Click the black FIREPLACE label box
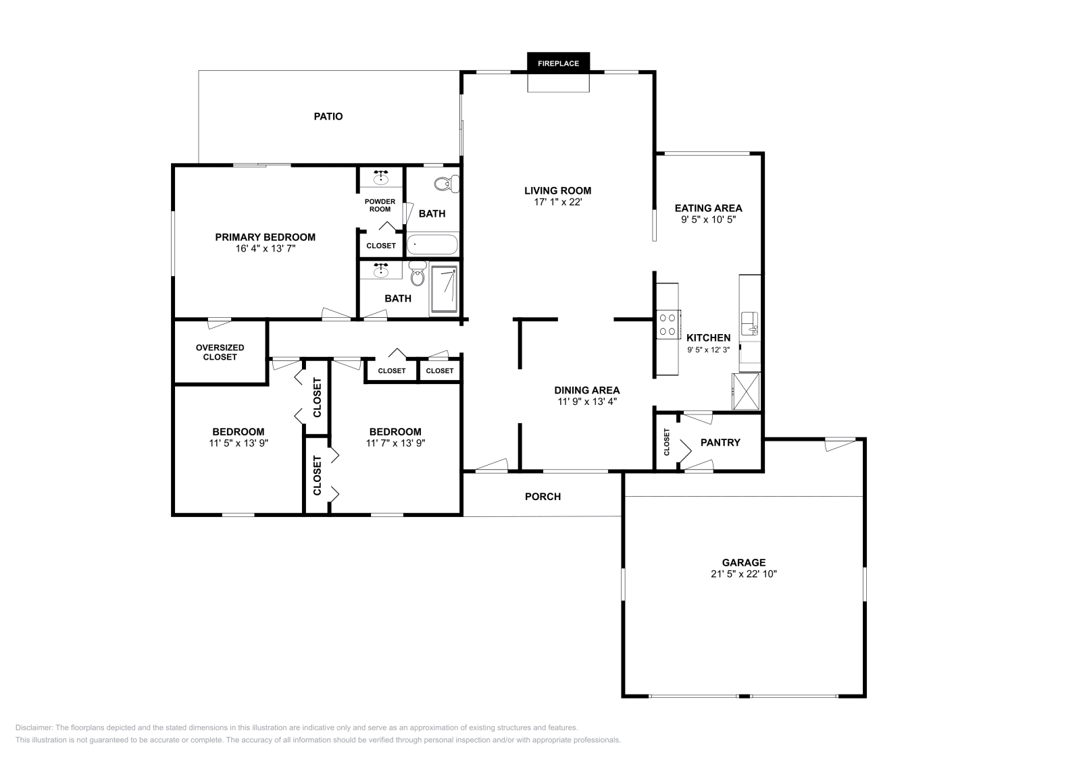[x=558, y=63]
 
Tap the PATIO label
[x=328, y=116]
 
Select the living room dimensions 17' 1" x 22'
[x=557, y=202]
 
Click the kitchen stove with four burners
[x=668, y=324]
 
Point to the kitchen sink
[x=749, y=323]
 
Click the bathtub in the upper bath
[x=432, y=244]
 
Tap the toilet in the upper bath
[x=446, y=184]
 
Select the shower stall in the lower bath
[x=444, y=289]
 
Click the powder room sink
[x=381, y=178]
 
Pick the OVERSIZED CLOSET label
[x=220, y=352]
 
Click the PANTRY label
[x=720, y=442]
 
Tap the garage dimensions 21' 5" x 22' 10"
[x=743, y=574]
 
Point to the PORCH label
[x=543, y=496]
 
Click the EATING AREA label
[x=708, y=208]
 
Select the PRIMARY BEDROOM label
[x=265, y=237]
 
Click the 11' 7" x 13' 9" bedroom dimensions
[x=395, y=443]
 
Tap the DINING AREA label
[x=586, y=390]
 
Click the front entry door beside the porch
[x=491, y=466]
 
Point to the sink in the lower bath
[x=381, y=270]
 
